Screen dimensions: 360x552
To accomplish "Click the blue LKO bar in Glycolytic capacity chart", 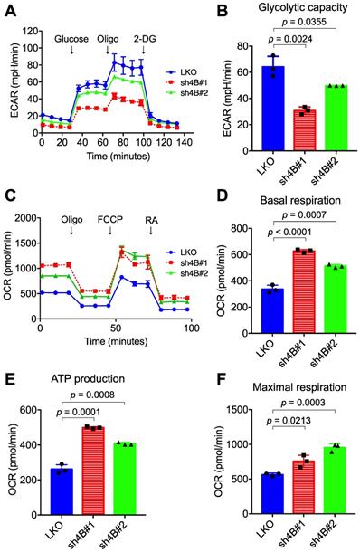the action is coord(273,109).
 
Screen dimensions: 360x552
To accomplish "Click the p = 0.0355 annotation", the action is coord(305,22).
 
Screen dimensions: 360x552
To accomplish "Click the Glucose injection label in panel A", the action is coord(71,39).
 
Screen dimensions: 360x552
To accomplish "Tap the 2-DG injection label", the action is coord(145,39).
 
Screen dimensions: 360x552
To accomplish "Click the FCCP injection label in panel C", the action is coord(110,220).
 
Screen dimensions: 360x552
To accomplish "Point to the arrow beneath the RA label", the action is coord(151,231).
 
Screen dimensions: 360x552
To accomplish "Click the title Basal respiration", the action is coord(300,200).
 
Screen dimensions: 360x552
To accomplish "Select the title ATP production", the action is coord(88,379).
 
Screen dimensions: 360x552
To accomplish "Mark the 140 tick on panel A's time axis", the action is coord(184,142).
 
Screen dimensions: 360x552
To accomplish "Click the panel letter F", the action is coord(223,381).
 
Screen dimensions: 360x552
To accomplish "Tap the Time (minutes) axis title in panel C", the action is coord(116,341).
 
